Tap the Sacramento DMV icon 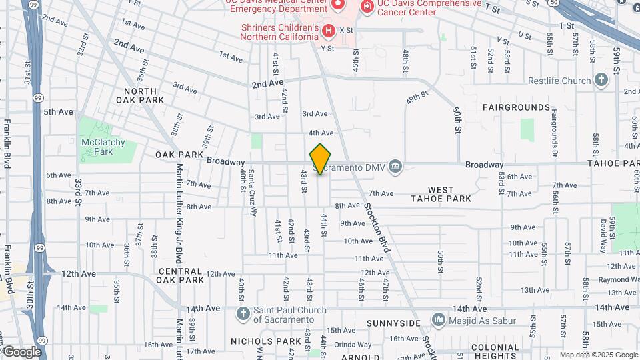(x=395, y=166)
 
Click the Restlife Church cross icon (x=601, y=81)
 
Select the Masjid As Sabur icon (x=438, y=321)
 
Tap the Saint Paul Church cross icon (x=243, y=314)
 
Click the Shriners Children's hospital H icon (x=328, y=31)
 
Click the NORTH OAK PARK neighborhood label (x=140, y=95)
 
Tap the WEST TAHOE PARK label (x=441, y=194)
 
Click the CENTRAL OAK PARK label (x=180, y=275)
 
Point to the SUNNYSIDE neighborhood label (x=393, y=323)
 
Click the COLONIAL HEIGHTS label (x=495, y=351)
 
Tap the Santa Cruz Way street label (x=252, y=193)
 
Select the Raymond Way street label (x=615, y=280)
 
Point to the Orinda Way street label (x=353, y=345)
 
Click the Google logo (x=23, y=351)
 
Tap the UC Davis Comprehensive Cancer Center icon (x=367, y=6)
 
